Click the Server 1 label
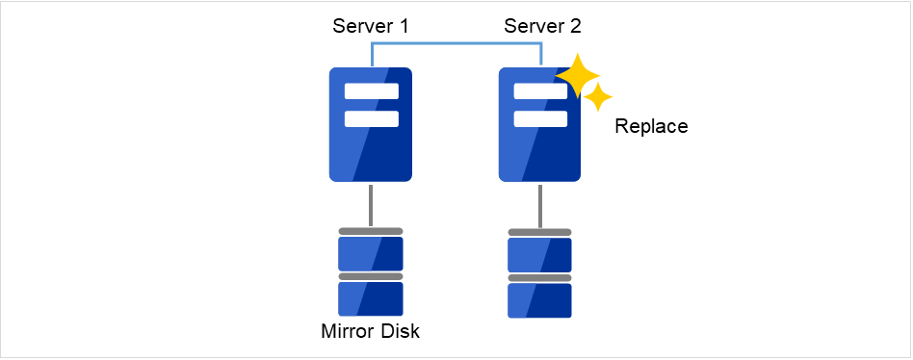pos(371,26)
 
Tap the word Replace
pos(651,127)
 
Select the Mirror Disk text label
pos(371,333)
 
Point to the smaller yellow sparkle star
pos(599,96)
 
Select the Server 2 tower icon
pos(539,144)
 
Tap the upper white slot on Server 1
pos(371,92)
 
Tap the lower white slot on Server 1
pos(371,119)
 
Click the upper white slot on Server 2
pos(539,92)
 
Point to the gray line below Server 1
pos(371,204)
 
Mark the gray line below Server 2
pos(539,204)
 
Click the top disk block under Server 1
pos(371,254)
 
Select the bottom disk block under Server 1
pos(371,299)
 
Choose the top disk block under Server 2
pos(539,255)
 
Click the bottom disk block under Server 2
pos(539,300)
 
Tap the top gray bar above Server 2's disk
pos(539,232)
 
